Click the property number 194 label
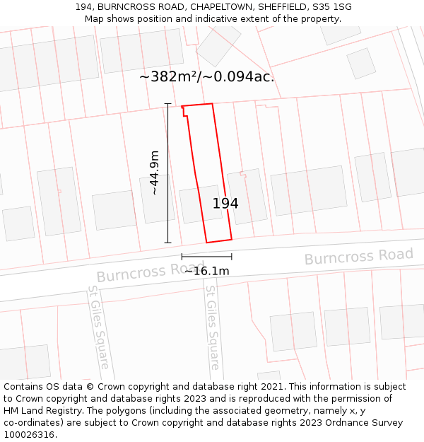click(x=225, y=204)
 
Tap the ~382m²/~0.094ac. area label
click(x=206, y=77)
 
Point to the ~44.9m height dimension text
click(x=154, y=173)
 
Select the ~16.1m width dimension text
click(x=206, y=271)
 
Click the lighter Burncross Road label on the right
click(x=358, y=257)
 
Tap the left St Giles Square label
click(x=98, y=327)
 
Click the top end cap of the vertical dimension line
click(x=168, y=104)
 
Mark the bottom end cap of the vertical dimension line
click(x=168, y=243)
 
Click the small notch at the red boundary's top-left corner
click(x=184, y=110)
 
